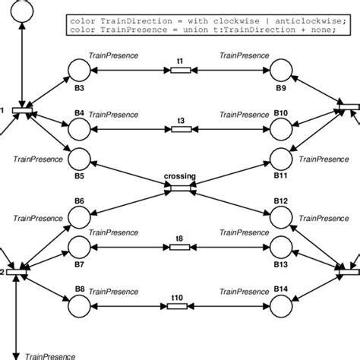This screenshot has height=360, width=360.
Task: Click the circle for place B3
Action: coord(79,71)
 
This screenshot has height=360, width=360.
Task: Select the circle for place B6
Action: coord(79,217)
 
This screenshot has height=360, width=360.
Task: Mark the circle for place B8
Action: coord(79,305)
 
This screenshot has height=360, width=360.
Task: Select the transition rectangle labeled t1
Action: coord(180,71)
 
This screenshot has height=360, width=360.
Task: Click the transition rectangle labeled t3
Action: coord(180,129)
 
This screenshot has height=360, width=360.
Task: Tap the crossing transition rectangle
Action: coord(180,188)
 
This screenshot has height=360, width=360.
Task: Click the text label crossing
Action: coord(180,177)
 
